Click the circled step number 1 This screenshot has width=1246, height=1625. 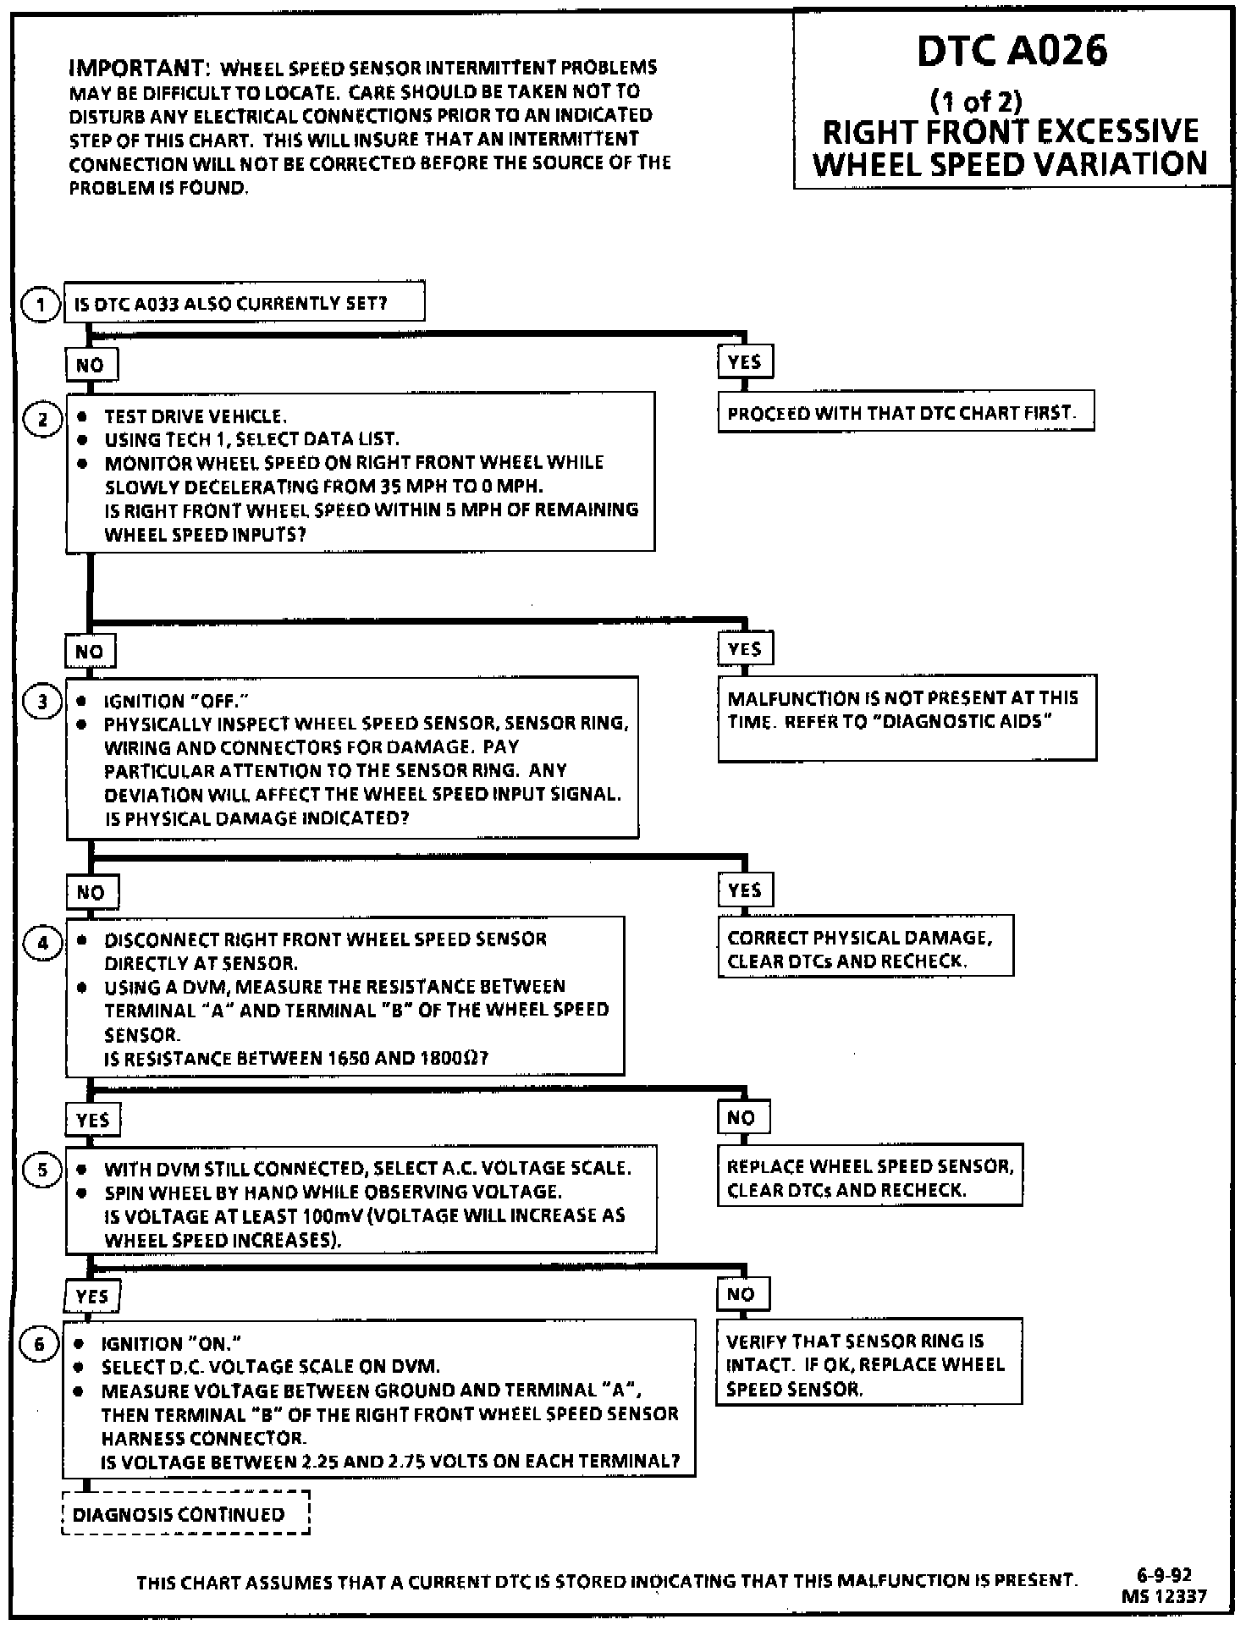point(41,305)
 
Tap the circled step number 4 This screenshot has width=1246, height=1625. point(43,943)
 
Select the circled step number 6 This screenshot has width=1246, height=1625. point(39,1345)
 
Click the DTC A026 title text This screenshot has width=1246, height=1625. point(1012,52)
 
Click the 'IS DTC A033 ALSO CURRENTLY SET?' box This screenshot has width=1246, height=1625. point(244,303)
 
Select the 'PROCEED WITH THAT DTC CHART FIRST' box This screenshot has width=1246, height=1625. point(905,412)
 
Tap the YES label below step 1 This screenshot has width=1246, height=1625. point(745,362)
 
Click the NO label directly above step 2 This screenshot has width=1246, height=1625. point(91,365)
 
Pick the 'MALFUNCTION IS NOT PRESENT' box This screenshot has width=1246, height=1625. point(907,717)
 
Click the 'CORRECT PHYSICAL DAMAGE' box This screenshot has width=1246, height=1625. point(865,947)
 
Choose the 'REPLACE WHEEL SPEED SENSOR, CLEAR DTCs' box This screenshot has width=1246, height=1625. point(869,1176)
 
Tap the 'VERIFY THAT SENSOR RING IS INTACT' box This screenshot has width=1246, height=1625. point(868,1364)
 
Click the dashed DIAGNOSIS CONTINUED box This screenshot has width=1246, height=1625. point(185,1514)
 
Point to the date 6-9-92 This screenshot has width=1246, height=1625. point(1164,1575)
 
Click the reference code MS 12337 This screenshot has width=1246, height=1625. point(1164,1596)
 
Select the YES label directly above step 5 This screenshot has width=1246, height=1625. point(93,1121)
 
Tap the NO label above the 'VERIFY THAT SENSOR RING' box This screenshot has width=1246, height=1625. point(741,1294)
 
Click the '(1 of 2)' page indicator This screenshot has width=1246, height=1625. point(976,102)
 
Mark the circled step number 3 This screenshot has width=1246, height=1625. point(42,702)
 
